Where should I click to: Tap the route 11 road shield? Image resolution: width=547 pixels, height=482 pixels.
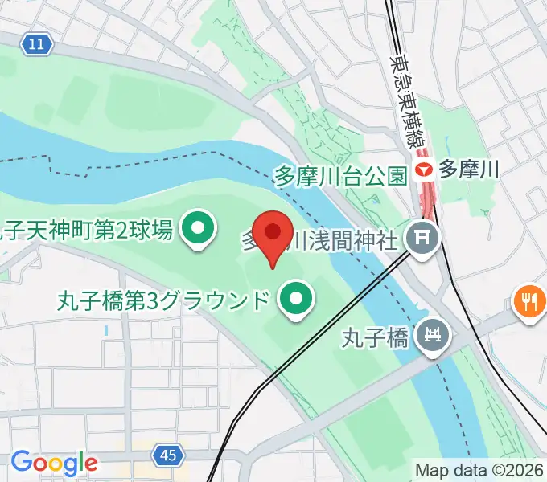coord(35,44)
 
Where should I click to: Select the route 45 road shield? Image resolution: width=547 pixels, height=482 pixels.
coord(167,455)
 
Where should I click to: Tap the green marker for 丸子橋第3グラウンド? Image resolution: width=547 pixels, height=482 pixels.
coord(296,300)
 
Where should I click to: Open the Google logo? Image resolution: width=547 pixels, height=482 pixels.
coord(54,462)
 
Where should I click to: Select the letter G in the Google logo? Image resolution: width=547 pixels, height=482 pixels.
coord(20,462)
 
